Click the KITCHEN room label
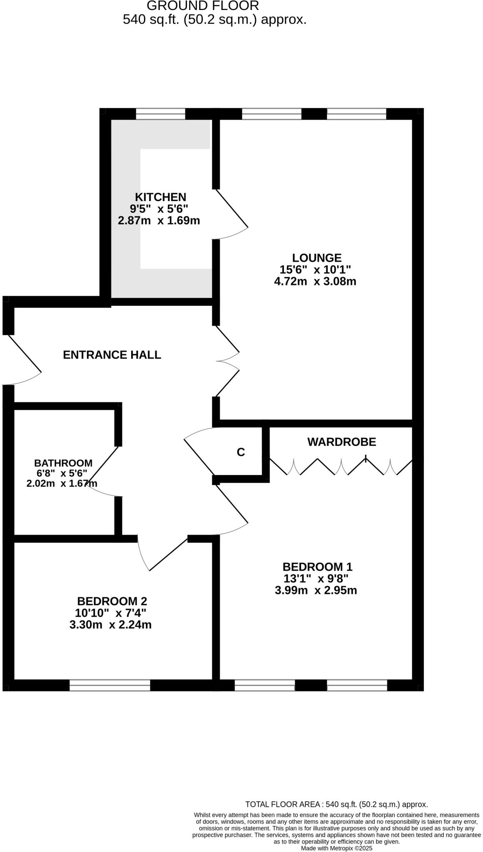point(160,197)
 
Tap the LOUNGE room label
point(316,258)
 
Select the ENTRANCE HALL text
point(112,355)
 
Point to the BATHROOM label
point(63,463)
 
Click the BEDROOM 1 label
point(317,567)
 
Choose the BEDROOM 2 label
point(112,601)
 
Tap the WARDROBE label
point(341,442)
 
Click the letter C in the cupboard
point(241,452)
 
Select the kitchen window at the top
point(160,114)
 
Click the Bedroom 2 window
point(110,685)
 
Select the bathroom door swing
point(103,472)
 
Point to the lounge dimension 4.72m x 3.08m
point(315,282)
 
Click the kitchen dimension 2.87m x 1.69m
point(159,220)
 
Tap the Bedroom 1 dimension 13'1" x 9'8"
point(316,579)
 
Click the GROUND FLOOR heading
point(203,6)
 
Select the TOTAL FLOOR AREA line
point(336,805)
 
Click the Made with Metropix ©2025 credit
point(336,848)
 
